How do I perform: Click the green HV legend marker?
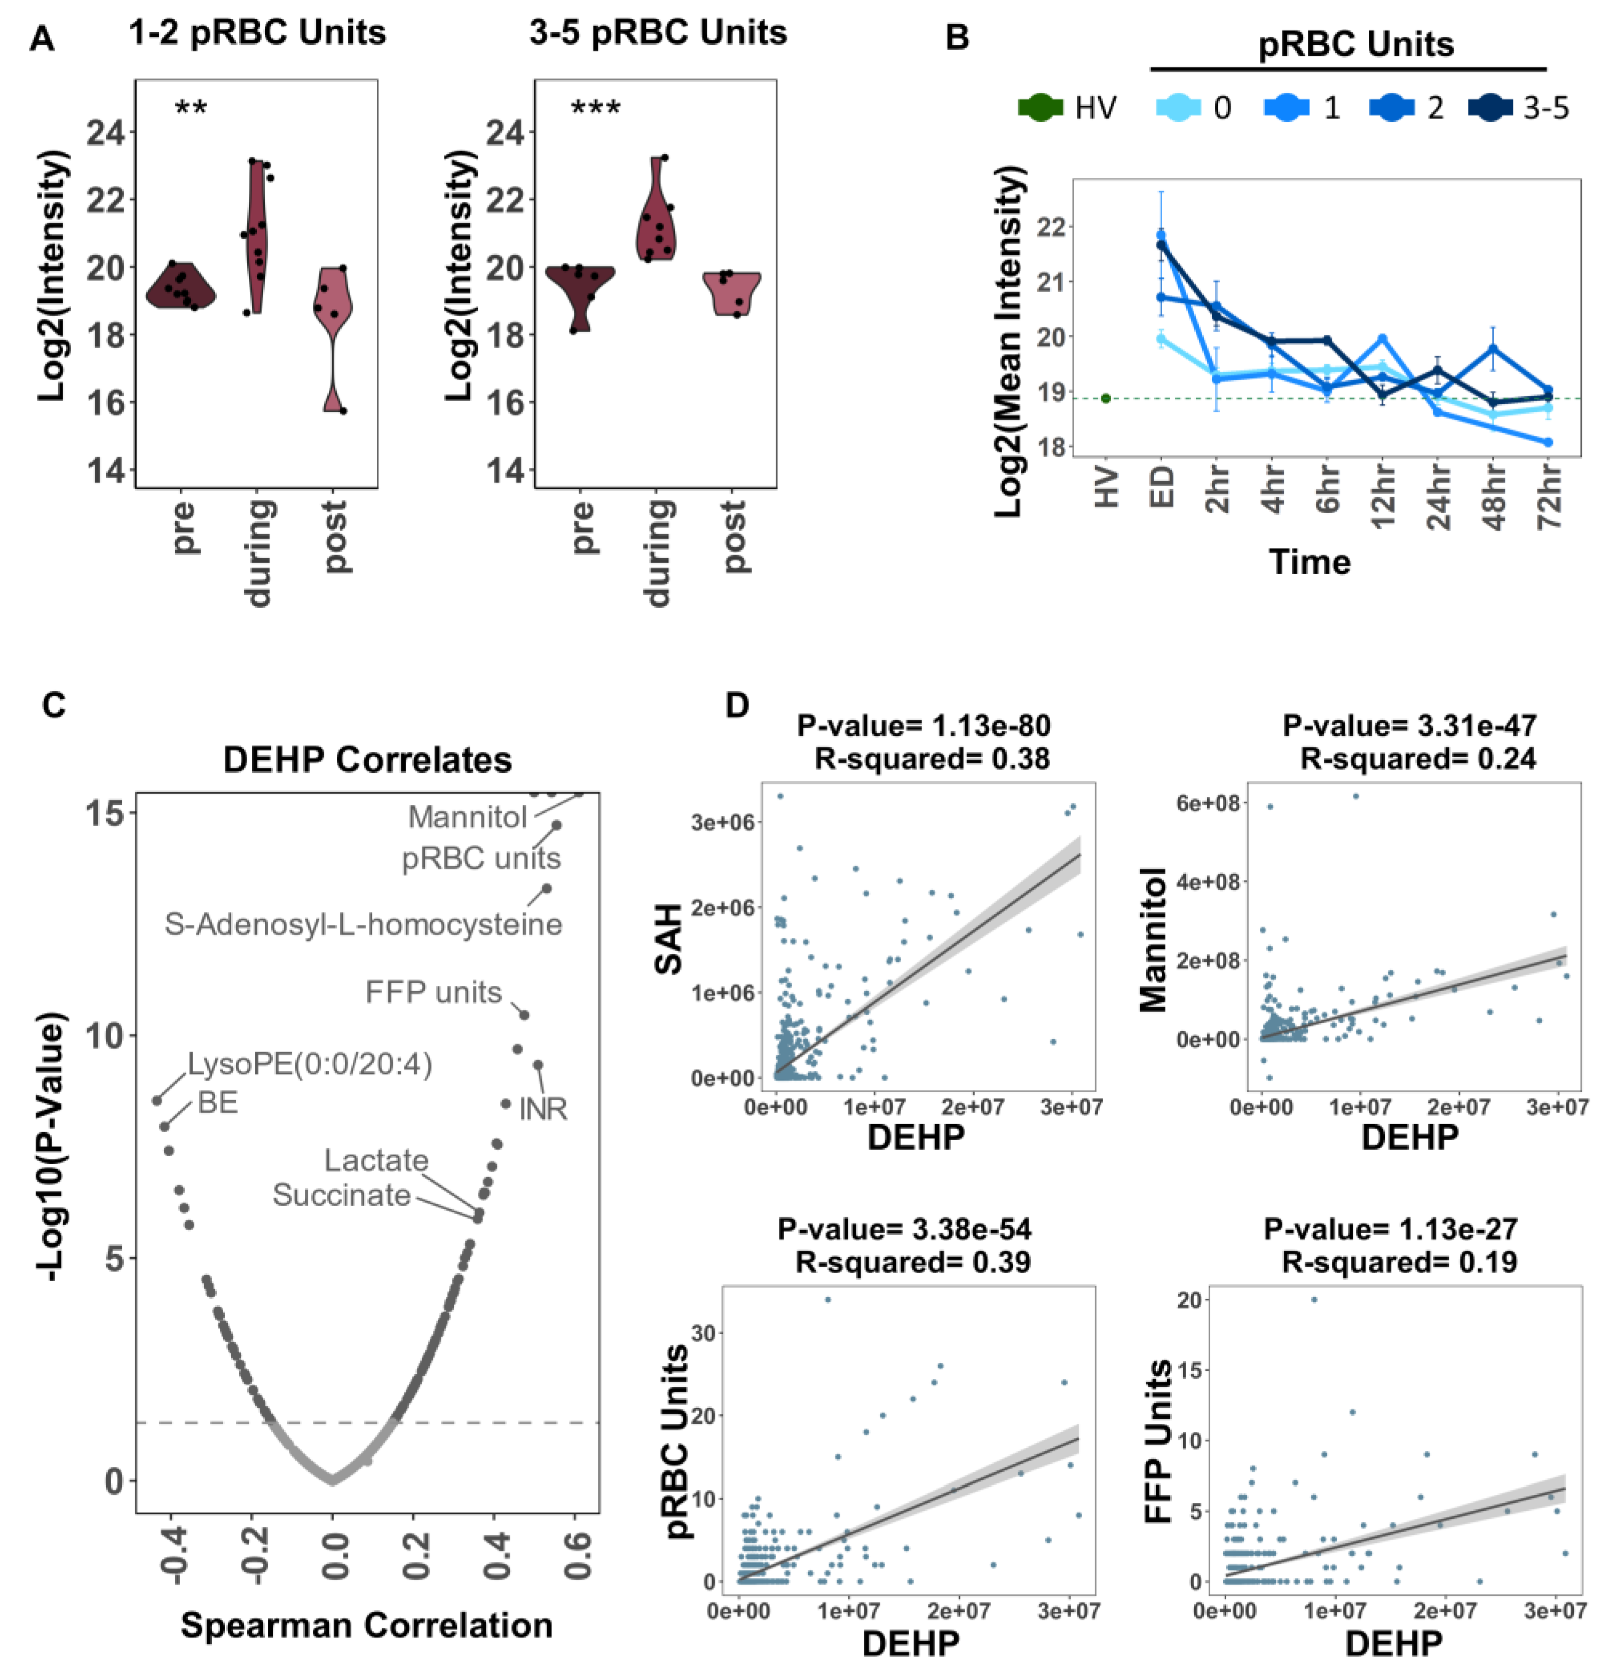click(x=1040, y=108)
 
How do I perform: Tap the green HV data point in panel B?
click(x=1106, y=398)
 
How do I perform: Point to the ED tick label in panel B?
click(x=1162, y=488)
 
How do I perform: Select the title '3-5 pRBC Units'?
click(x=657, y=33)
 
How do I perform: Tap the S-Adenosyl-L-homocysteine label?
click(x=364, y=924)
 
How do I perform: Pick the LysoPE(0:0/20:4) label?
click(x=310, y=1064)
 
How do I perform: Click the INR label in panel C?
click(x=542, y=1110)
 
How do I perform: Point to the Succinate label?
click(x=342, y=1195)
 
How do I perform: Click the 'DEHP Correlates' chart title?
click(x=367, y=760)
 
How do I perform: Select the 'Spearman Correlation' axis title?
click(x=366, y=1625)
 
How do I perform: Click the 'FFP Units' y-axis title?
click(x=1158, y=1442)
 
